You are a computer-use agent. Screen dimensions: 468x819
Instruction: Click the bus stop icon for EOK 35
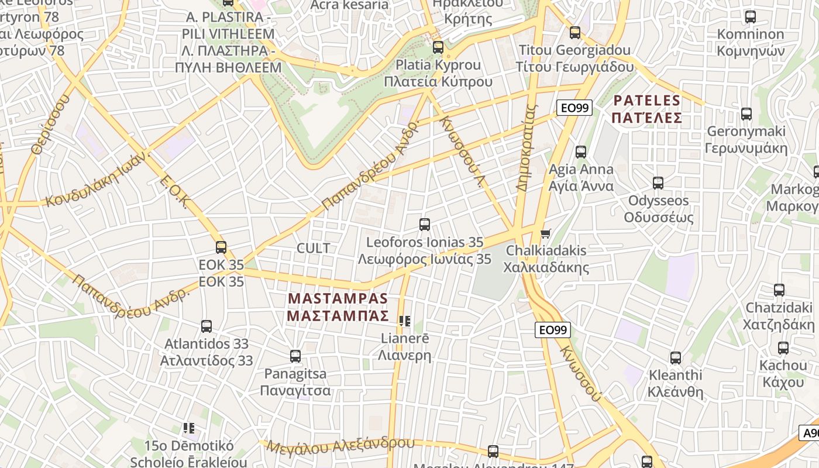tap(221, 247)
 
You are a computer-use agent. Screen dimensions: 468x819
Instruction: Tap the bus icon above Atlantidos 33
tap(206, 326)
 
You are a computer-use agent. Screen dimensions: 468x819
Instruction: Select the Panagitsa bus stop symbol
tap(295, 356)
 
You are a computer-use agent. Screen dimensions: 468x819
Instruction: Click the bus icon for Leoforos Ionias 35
tap(425, 224)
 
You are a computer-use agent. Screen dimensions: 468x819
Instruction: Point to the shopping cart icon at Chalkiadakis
tap(545, 234)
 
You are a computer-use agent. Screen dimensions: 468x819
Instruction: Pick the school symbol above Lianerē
tap(404, 321)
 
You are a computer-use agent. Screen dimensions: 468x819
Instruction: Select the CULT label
tap(314, 248)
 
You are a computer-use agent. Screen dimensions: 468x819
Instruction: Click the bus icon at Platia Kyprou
tap(438, 47)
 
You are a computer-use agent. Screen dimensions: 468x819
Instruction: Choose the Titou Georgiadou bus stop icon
tap(575, 33)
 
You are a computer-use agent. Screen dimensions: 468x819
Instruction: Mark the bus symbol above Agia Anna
tap(580, 152)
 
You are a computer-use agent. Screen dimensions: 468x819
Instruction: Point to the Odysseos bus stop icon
tap(658, 183)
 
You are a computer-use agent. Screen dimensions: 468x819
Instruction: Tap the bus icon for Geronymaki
tap(746, 114)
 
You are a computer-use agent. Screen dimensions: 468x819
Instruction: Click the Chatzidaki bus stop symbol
tap(779, 290)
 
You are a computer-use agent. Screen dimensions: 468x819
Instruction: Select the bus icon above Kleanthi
tap(676, 357)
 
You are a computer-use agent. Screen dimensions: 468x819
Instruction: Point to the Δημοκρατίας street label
tap(527, 147)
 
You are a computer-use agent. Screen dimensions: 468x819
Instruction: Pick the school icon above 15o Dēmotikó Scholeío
tap(188, 428)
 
